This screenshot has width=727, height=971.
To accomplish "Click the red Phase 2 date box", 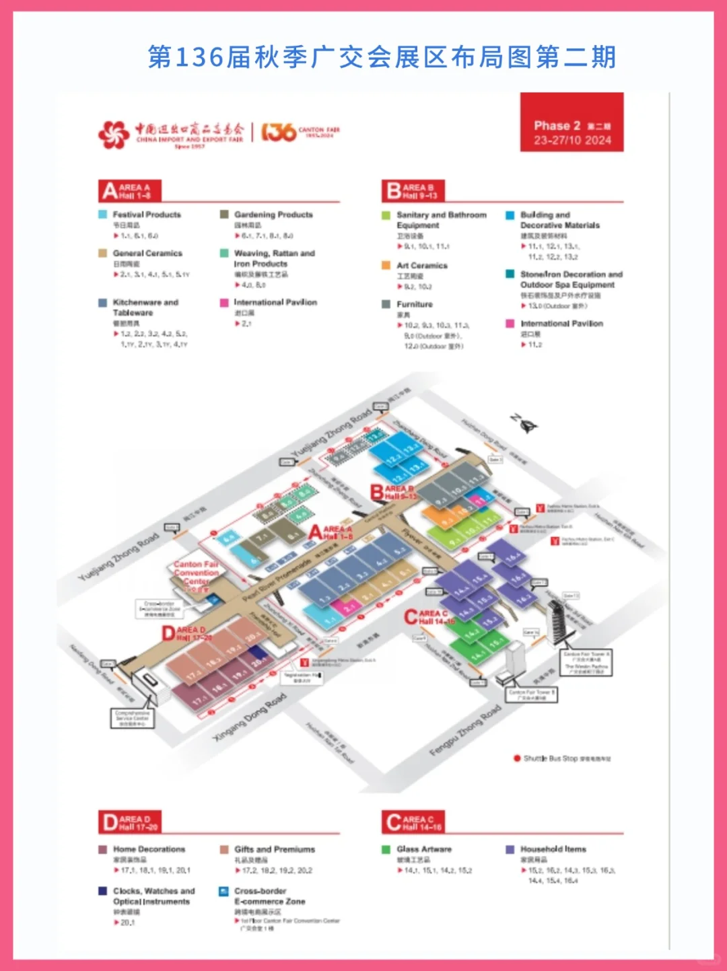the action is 572,122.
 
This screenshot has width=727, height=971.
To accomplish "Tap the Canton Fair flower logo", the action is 114,134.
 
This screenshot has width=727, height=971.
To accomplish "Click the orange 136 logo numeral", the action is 278,132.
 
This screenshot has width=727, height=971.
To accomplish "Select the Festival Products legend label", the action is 147,215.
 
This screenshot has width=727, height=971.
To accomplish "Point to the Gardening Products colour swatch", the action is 224,215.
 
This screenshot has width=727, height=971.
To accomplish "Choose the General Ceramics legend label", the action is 147,254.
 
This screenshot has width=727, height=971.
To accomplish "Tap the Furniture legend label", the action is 415,304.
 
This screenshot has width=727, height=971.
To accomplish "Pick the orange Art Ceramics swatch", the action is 386,266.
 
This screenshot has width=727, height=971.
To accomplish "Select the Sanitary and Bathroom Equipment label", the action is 441,220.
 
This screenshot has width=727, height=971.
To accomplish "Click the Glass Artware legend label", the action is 424,849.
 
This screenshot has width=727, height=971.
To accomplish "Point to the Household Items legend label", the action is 553,849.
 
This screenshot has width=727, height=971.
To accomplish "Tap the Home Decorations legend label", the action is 149,849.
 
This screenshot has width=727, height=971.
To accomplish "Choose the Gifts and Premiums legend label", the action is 275,849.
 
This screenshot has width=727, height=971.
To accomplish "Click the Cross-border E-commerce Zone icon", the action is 223,892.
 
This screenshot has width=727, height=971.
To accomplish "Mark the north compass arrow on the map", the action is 524,423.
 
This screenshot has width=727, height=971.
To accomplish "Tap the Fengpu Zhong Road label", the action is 465,730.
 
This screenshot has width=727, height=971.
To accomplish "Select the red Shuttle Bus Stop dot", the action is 517,758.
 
